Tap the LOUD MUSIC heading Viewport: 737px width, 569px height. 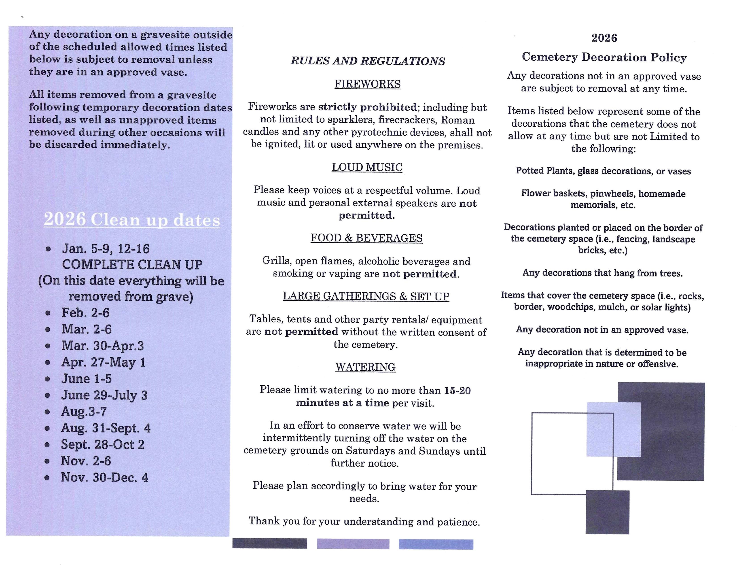367,167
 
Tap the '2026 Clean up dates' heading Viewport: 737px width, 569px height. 132,219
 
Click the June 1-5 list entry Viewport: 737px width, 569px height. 86,379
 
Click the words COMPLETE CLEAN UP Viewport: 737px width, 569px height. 132,265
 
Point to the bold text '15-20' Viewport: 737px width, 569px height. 457,391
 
